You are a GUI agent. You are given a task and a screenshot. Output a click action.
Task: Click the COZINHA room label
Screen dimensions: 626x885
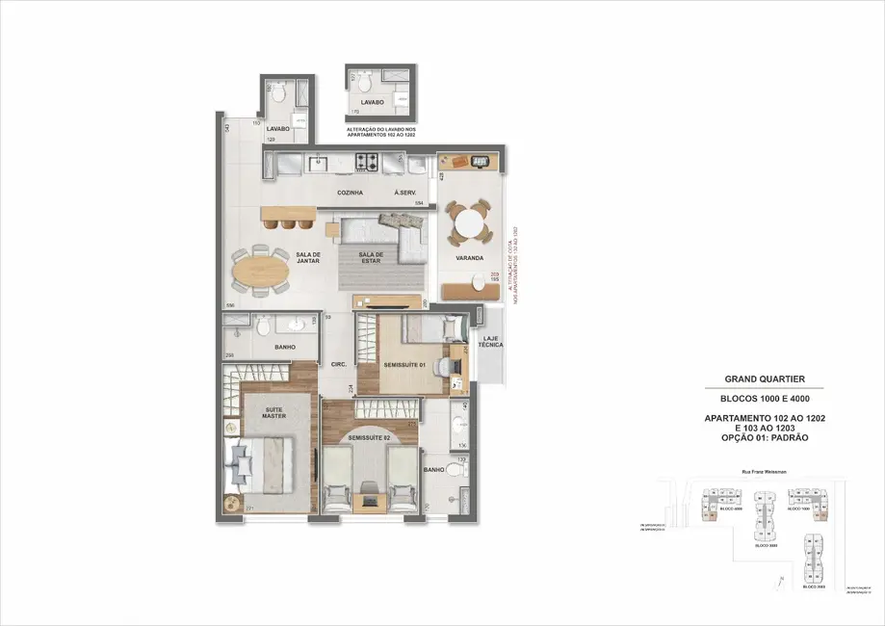point(350,193)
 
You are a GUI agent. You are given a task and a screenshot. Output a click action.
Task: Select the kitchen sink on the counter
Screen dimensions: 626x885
point(319,165)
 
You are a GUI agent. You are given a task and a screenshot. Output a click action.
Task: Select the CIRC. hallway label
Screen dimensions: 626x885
point(338,364)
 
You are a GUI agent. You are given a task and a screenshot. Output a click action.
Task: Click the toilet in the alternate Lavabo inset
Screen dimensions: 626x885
point(361,84)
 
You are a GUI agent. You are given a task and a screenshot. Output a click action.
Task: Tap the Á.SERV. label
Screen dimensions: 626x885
point(404,193)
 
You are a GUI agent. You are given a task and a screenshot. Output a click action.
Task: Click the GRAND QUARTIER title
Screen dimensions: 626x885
point(765,379)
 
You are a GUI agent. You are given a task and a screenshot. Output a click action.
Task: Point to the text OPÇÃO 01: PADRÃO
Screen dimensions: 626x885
point(765,437)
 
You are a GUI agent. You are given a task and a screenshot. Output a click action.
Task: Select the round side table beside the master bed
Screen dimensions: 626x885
point(231,504)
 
